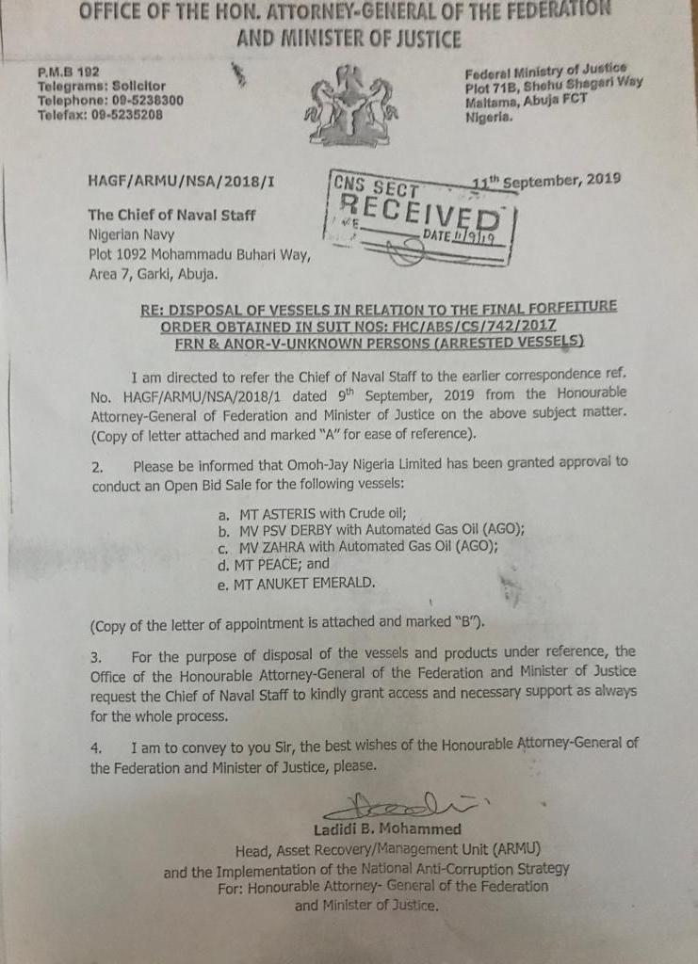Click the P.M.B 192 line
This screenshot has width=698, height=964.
(69, 72)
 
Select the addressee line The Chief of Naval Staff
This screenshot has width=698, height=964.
(171, 214)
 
